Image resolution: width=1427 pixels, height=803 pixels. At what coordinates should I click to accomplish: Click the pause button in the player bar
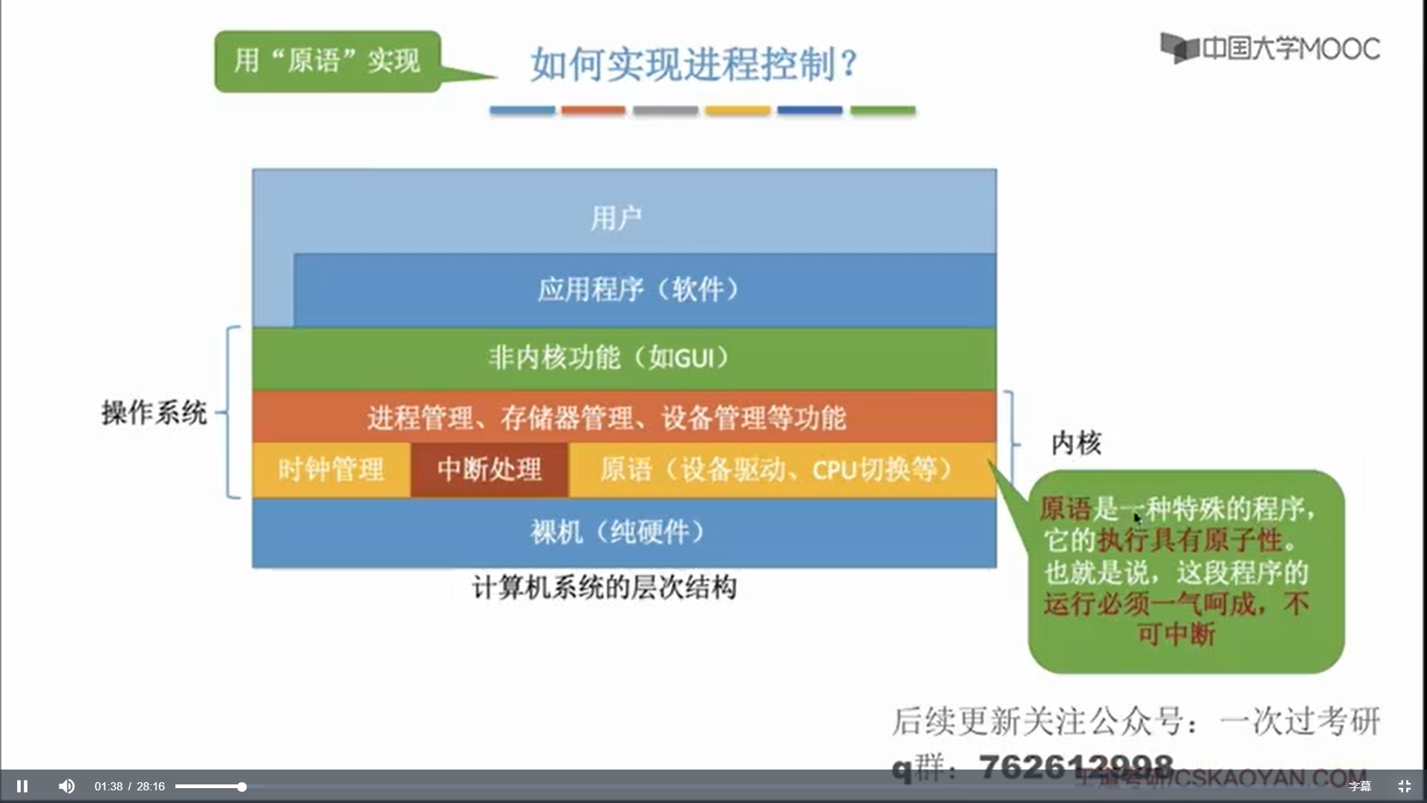pyautogui.click(x=22, y=786)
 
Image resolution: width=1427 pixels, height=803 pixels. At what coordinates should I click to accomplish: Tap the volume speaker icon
pyautogui.click(x=67, y=786)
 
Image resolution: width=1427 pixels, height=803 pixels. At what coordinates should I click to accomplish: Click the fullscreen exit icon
pyautogui.click(x=1404, y=786)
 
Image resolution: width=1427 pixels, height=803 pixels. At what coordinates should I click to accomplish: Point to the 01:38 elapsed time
pyautogui.click(x=108, y=787)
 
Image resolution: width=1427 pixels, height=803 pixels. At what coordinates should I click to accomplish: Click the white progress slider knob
pyautogui.click(x=242, y=787)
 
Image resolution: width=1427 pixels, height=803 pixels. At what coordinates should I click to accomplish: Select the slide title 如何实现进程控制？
pyautogui.click(x=694, y=64)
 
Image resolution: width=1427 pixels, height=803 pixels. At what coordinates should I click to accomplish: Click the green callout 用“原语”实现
pyautogui.click(x=327, y=61)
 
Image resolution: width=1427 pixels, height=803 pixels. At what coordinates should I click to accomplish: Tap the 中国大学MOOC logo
pyautogui.click(x=1270, y=49)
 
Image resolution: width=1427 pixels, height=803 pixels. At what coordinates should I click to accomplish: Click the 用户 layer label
pyautogui.click(x=616, y=219)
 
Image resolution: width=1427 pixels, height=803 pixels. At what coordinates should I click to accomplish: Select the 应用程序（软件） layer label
pyautogui.click(x=638, y=289)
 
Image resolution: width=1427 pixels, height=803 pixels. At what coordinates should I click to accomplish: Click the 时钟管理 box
pyautogui.click(x=331, y=470)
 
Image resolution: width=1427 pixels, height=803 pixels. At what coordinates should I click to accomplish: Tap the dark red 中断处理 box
pyautogui.click(x=489, y=470)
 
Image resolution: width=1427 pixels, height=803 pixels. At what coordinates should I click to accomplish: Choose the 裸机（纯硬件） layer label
pyautogui.click(x=617, y=532)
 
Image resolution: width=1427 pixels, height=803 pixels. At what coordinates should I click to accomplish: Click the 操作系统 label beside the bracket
pyautogui.click(x=154, y=413)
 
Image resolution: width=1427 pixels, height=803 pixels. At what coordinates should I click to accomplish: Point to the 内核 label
pyautogui.click(x=1076, y=443)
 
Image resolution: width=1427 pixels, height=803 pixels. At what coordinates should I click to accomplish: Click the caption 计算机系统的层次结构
pyautogui.click(x=604, y=588)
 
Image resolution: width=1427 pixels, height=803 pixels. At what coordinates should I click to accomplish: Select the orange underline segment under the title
pyautogui.click(x=593, y=111)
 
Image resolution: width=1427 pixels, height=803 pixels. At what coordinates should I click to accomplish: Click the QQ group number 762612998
pyautogui.click(x=1075, y=766)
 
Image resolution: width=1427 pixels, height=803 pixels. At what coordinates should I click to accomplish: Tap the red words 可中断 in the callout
pyautogui.click(x=1176, y=634)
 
